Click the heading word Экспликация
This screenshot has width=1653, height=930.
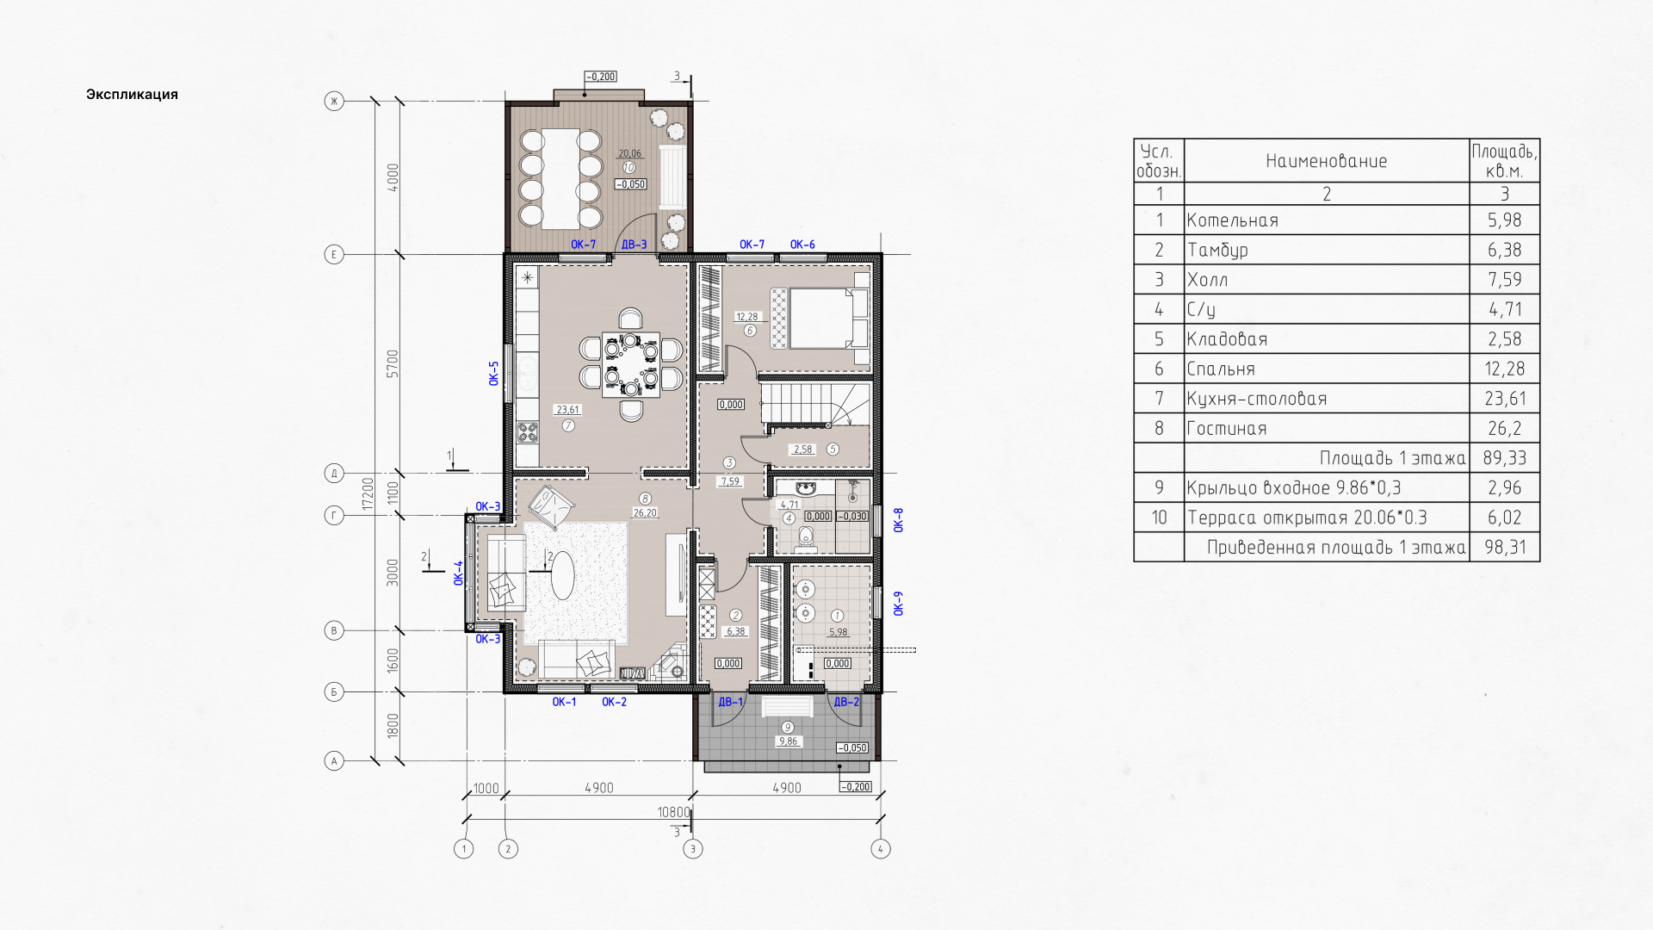click(x=132, y=95)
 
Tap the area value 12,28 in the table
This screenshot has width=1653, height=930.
click(x=1504, y=369)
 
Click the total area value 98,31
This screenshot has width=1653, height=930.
click(x=1504, y=547)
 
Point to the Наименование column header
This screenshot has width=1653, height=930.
click(x=1327, y=161)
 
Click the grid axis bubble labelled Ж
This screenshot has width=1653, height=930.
click(x=334, y=102)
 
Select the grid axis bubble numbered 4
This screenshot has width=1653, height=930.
click(x=880, y=849)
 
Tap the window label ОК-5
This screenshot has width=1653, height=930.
click(x=494, y=373)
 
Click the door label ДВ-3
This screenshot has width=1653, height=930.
click(x=634, y=245)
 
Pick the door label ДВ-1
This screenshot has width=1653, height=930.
click(x=730, y=702)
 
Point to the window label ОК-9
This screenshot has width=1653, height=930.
click(x=898, y=603)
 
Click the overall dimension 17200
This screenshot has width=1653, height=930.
click(x=368, y=494)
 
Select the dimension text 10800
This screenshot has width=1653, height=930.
click(x=673, y=812)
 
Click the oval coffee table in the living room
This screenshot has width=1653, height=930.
click(x=562, y=574)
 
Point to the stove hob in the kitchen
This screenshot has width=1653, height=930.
click(x=526, y=431)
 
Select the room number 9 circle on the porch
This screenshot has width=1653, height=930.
click(x=787, y=728)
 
